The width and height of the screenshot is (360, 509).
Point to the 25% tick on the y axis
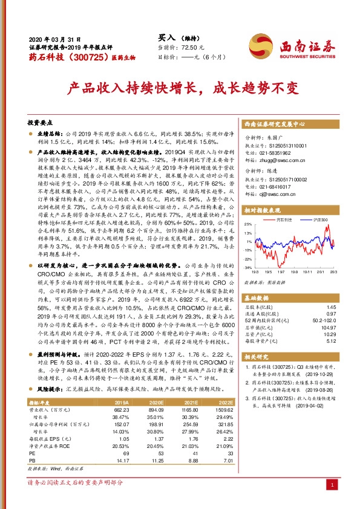point(248,224)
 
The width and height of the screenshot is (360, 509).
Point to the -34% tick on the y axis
point(248,267)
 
